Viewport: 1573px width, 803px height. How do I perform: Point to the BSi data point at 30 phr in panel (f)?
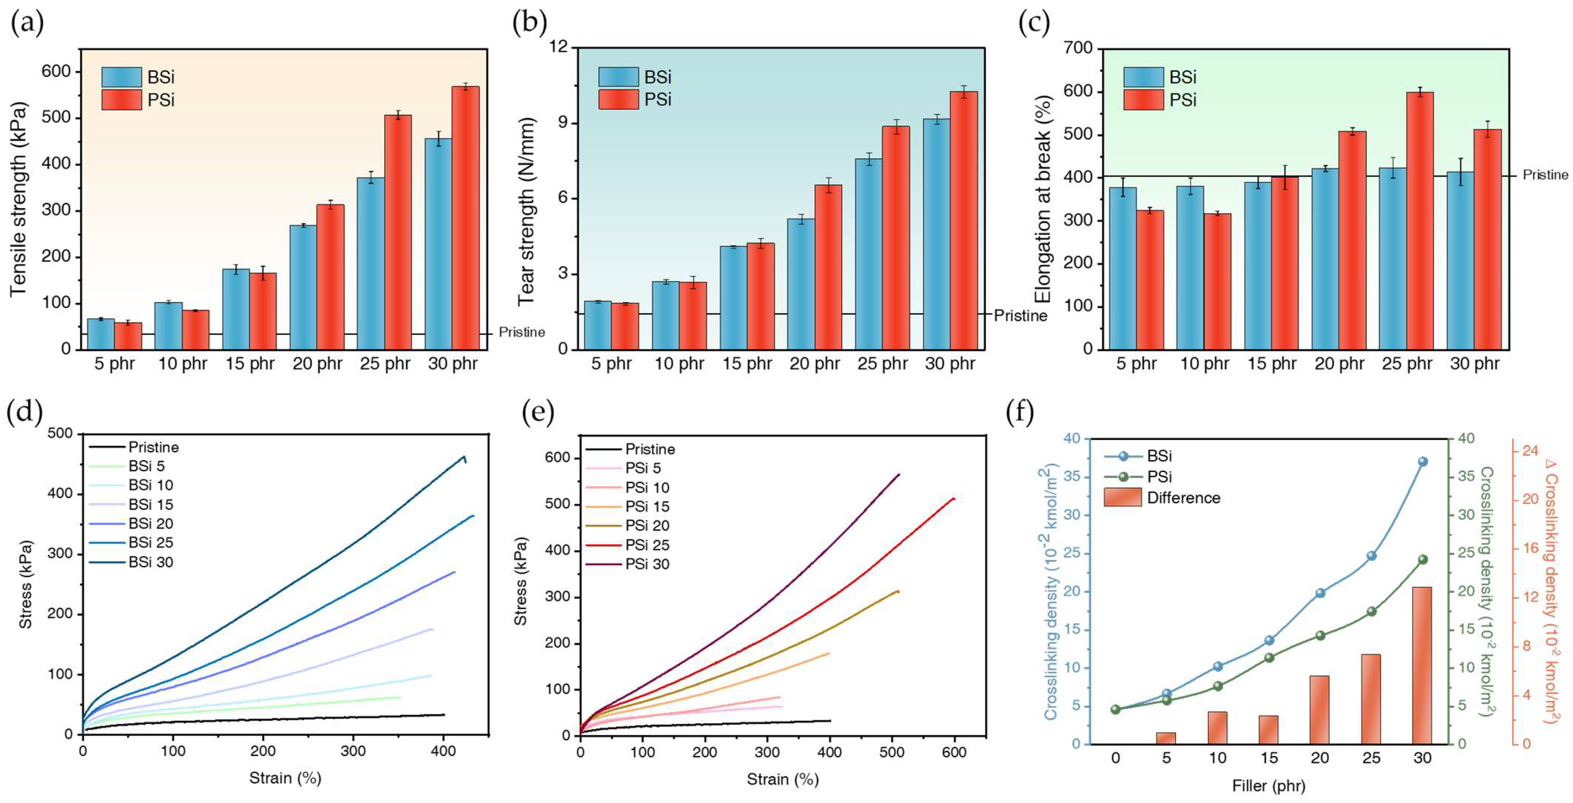point(1423,462)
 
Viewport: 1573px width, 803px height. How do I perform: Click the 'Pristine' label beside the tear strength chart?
point(1020,316)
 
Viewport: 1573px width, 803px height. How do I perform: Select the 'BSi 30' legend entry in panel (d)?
point(150,562)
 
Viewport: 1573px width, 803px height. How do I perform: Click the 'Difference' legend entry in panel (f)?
point(1183,498)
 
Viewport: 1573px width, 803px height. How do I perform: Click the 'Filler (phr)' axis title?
point(1268,786)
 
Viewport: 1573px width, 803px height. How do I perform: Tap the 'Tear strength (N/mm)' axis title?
point(526,211)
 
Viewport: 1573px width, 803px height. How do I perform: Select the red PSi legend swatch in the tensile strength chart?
point(122,99)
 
